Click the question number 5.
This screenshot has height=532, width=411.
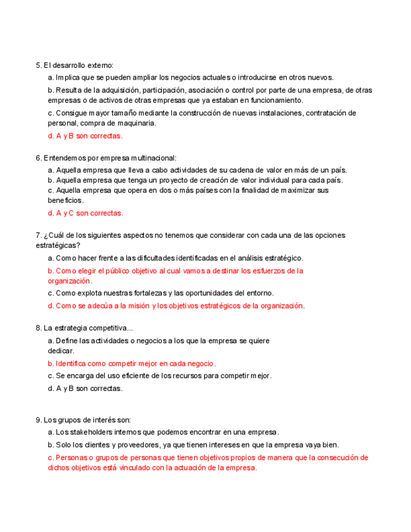pyautogui.click(x=39, y=65)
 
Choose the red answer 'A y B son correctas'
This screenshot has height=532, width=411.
pyautogui.click(x=85, y=136)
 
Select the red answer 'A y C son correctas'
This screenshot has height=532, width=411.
pyautogui.click(x=85, y=213)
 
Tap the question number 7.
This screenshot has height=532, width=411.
pyautogui.click(x=39, y=235)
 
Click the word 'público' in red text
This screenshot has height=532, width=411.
pyautogui.click(x=134, y=271)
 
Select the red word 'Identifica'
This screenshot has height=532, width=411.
pyautogui.click(x=70, y=363)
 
